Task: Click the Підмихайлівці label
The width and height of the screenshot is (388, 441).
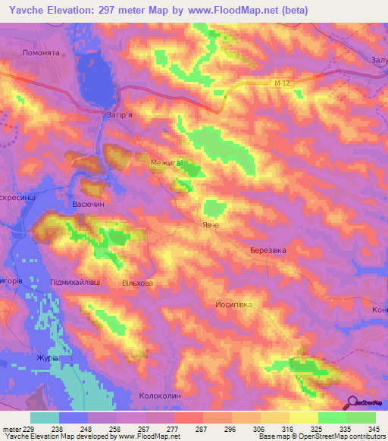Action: point(75,282)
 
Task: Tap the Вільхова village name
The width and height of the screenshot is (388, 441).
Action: point(137,283)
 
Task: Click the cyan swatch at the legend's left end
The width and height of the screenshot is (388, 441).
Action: point(45,418)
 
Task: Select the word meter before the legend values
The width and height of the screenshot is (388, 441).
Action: point(11,428)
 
